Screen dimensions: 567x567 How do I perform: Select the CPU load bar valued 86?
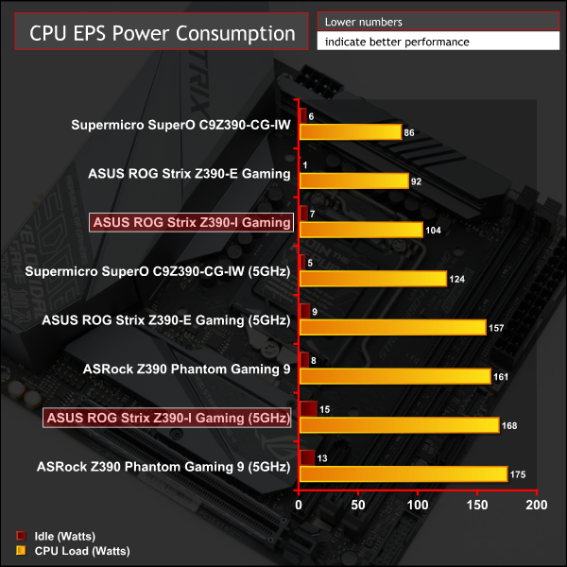(x=350, y=131)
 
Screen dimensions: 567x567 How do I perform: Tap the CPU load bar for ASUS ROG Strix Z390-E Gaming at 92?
(x=353, y=180)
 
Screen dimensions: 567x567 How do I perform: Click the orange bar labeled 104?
(x=360, y=230)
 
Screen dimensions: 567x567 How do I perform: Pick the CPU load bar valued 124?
(x=372, y=278)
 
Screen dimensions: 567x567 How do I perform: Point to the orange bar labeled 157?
(x=392, y=327)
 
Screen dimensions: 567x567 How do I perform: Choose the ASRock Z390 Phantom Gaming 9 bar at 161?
(x=394, y=376)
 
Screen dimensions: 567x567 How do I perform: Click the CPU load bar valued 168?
(x=399, y=425)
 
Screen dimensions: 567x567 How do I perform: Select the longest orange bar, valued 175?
(x=403, y=474)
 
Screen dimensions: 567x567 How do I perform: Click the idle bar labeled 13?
(x=307, y=458)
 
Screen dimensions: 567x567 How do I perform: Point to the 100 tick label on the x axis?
(x=418, y=507)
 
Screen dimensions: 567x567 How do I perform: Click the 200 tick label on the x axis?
(x=537, y=507)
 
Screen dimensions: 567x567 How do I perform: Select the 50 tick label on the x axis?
(x=358, y=507)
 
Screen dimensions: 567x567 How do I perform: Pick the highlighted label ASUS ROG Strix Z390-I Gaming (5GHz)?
(x=167, y=418)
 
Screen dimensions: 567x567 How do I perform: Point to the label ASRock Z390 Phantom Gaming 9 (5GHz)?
(x=163, y=466)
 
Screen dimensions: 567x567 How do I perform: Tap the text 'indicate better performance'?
(x=397, y=42)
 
